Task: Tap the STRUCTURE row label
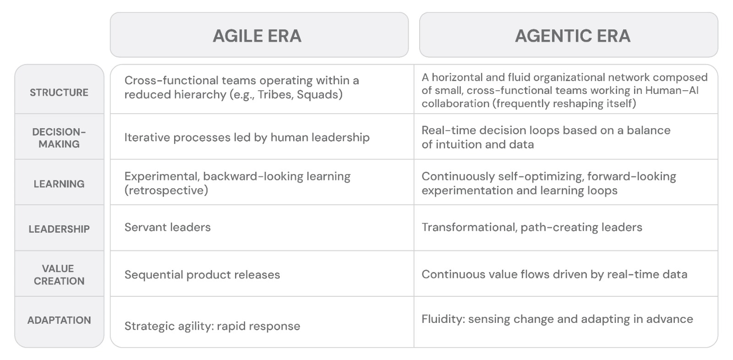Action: click(59, 93)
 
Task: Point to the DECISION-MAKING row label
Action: click(59, 138)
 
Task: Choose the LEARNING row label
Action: click(59, 184)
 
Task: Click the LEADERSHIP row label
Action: click(59, 229)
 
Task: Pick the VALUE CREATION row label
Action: click(59, 275)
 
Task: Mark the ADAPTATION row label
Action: click(59, 320)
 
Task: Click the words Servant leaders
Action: click(168, 227)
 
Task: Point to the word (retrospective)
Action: click(166, 191)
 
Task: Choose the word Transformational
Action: click(470, 228)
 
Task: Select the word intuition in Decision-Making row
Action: click(460, 144)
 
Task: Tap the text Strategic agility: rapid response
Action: click(213, 326)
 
